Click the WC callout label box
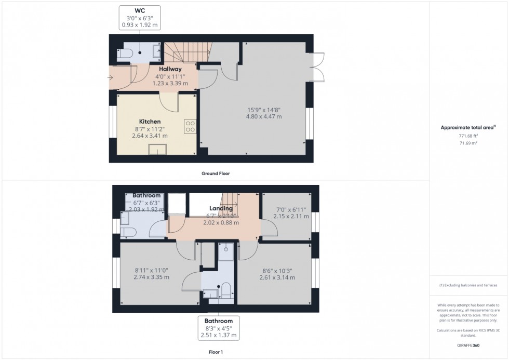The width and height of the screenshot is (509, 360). pyautogui.click(x=140, y=17)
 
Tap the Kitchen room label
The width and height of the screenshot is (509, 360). pyautogui.click(x=150, y=122)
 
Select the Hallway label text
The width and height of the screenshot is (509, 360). pyautogui.click(x=170, y=69)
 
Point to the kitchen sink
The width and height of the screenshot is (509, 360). pyautogui.click(x=157, y=150)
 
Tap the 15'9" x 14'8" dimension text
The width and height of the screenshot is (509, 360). pyautogui.click(x=264, y=113)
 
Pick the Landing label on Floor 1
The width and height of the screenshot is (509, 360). pyautogui.click(x=221, y=208)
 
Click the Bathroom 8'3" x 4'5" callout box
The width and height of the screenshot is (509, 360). pyautogui.click(x=219, y=328)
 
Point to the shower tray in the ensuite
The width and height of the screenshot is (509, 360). pyautogui.click(x=226, y=249)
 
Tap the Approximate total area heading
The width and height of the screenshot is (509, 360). pyautogui.click(x=468, y=127)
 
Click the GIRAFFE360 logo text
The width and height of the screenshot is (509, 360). pyautogui.click(x=469, y=344)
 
